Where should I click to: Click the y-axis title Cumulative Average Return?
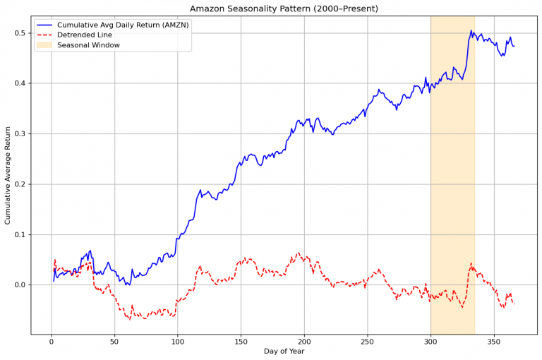tap(8, 175)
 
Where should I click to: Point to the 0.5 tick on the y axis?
tap(18, 33)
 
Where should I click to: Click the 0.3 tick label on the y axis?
tap(18, 134)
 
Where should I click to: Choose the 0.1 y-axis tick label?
tap(18, 234)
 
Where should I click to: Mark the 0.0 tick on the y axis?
tap(18, 285)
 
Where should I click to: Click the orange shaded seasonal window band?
tap(452, 176)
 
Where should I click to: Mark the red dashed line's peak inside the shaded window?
tap(471, 264)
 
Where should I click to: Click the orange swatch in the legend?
tap(45, 45)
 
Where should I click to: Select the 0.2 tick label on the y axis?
tap(18, 184)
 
